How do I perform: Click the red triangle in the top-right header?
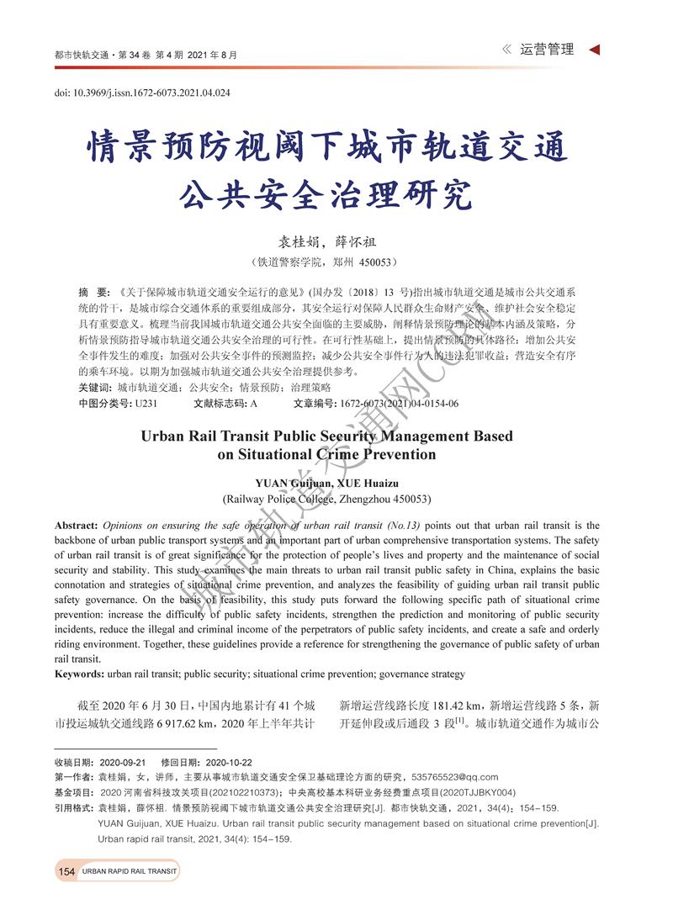point(595,50)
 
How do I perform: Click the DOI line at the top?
point(142,93)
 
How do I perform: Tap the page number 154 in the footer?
point(67,871)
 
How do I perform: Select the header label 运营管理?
point(547,50)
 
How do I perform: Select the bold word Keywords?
point(80,674)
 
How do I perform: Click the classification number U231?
point(146,404)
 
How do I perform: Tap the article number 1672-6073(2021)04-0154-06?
point(400,404)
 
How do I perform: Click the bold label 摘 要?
point(93,291)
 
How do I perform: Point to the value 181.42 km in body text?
point(453,705)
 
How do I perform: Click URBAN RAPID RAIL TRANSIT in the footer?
point(130,872)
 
